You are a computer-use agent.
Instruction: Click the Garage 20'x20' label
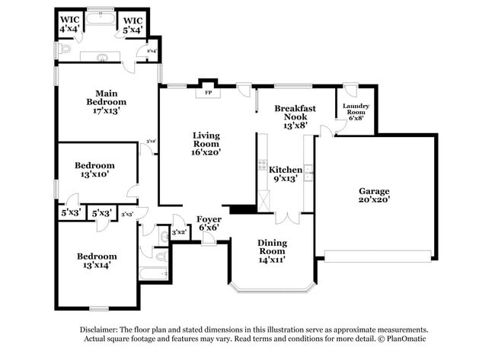[x=374, y=196]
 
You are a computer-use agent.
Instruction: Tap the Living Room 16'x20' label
[x=206, y=144]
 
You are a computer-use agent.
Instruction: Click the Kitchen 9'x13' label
[x=286, y=174]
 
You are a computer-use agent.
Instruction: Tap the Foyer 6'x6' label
[x=209, y=224]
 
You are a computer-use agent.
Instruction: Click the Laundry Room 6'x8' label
[x=356, y=111]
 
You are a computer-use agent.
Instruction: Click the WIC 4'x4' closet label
[x=71, y=24]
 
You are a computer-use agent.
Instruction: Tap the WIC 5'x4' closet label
[x=133, y=24]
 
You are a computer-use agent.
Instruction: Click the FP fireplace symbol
[x=208, y=94]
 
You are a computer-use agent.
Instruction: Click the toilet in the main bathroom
[x=65, y=50]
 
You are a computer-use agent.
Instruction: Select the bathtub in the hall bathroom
[x=155, y=272]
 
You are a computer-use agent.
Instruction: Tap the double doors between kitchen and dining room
[x=286, y=218]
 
